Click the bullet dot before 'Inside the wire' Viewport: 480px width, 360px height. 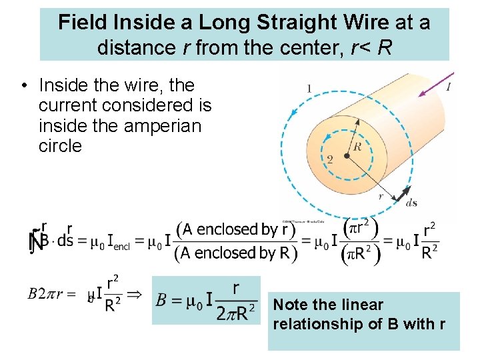click(x=23, y=86)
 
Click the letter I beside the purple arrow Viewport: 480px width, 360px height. click(x=449, y=87)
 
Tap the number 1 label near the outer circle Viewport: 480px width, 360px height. click(x=309, y=88)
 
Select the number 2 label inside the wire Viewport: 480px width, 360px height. click(x=329, y=159)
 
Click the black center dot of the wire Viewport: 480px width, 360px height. click(x=347, y=157)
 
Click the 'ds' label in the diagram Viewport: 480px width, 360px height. click(x=411, y=203)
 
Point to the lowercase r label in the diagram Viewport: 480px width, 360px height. click(x=381, y=197)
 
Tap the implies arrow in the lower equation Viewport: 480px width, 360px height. click(x=134, y=294)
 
